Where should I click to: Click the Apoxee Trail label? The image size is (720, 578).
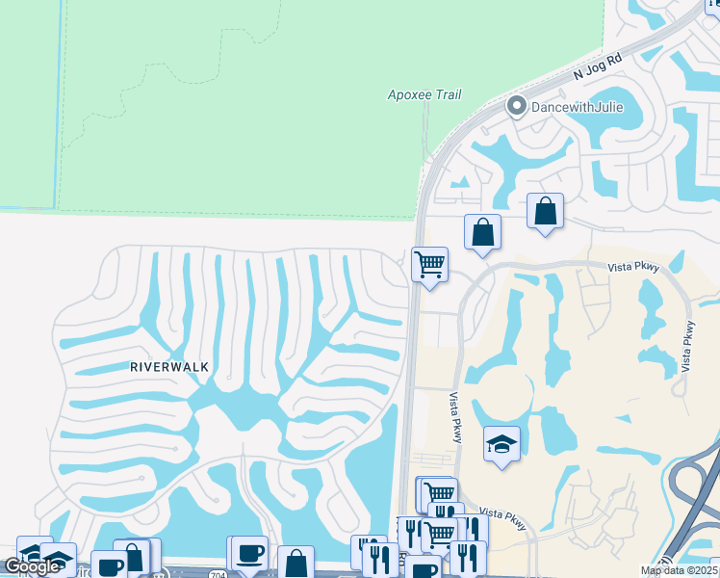pos(424,94)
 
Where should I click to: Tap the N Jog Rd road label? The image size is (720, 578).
pos(598,66)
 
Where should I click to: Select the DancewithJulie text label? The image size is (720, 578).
pos(574,107)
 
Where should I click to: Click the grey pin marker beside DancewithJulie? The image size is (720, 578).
pos(516,107)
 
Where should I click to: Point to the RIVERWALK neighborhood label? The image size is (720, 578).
pos(168,367)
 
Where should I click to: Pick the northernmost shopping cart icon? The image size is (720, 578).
pos(429,264)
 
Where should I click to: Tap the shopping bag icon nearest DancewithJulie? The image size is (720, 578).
pos(545,210)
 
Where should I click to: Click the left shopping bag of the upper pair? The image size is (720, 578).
pos(482,232)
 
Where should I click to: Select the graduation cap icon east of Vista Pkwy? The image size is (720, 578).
pos(501,444)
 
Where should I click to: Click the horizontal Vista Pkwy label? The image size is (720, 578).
pos(633,269)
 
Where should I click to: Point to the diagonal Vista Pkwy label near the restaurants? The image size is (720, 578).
pos(503,517)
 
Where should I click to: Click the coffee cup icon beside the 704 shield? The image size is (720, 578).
pos(249,554)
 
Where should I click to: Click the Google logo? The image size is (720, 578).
pos(33,566)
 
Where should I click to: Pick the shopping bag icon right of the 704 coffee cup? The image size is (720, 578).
pos(296,563)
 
